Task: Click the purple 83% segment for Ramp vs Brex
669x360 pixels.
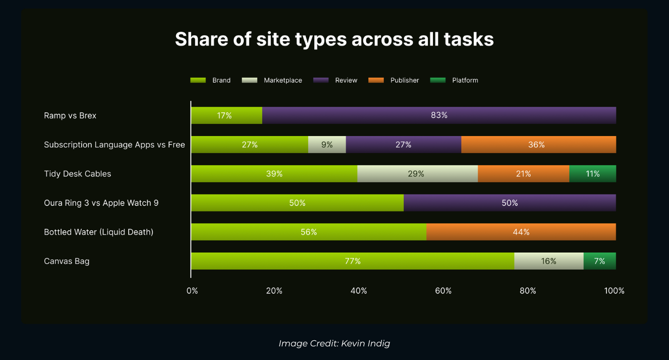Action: (439, 115)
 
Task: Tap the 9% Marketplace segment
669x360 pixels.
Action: (327, 145)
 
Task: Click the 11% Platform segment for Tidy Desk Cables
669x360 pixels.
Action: (592, 174)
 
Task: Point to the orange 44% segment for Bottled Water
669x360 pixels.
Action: (521, 232)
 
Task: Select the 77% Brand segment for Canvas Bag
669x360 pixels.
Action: (352, 261)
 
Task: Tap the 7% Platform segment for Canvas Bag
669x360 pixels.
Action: (599, 261)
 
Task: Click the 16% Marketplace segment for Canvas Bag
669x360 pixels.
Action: (548, 261)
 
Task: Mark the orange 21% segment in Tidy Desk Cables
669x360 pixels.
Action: (523, 174)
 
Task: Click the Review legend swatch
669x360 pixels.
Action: (320, 80)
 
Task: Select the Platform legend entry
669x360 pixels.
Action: (465, 80)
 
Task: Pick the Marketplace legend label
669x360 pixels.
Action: (283, 80)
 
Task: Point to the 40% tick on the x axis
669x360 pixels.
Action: (359, 291)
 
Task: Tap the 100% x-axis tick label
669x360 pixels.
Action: (614, 291)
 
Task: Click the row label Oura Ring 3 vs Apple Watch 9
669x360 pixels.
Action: (101, 203)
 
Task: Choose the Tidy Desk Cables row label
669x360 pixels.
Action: (77, 174)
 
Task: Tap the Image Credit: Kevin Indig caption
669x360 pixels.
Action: (334, 343)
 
